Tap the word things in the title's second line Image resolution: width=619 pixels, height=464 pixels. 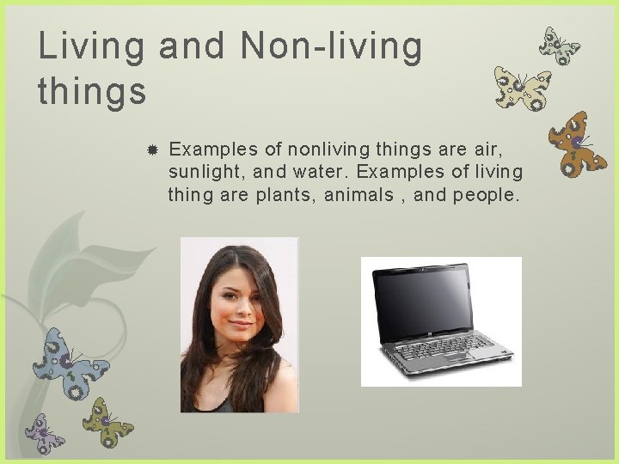pyautogui.click(x=92, y=90)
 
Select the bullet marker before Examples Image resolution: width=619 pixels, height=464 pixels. pyautogui.click(x=151, y=149)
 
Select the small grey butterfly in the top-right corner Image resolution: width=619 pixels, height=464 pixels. pyautogui.click(x=559, y=46)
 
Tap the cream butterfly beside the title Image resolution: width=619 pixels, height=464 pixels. pyautogui.click(x=521, y=89)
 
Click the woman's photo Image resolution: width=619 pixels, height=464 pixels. pyautogui.click(x=238, y=325)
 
